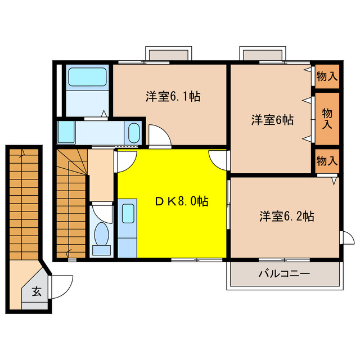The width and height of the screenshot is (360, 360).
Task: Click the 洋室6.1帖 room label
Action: click(x=173, y=96)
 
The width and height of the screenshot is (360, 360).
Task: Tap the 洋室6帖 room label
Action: click(x=272, y=119)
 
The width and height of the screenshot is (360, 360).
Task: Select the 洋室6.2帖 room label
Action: click(x=286, y=216)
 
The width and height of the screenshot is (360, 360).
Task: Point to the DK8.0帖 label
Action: click(x=182, y=201)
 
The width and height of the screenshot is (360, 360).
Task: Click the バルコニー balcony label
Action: click(x=284, y=274)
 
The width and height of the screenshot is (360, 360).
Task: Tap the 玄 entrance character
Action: click(x=36, y=291)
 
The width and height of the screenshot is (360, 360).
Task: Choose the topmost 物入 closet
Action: click(x=327, y=75)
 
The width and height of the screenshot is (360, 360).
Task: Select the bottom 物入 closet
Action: click(x=327, y=161)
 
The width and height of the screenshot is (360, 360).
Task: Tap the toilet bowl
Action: click(x=102, y=235)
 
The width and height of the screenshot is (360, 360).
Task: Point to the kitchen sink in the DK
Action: click(x=128, y=214)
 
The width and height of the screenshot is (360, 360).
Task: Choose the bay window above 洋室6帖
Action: click(x=262, y=54)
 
